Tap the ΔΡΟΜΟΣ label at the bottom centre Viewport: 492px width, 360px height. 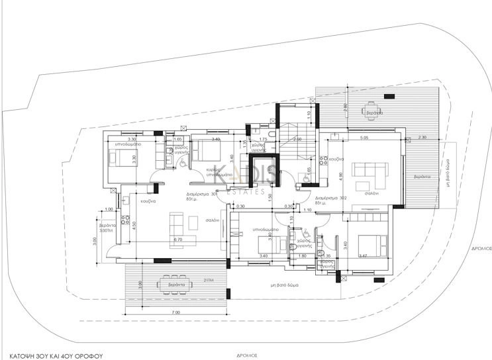tap(246, 354)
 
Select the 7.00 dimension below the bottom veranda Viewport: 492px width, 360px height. tap(175, 311)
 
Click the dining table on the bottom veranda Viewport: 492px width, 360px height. tap(175, 285)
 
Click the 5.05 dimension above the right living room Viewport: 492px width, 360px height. tap(364, 138)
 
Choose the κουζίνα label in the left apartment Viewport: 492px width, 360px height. tap(147, 201)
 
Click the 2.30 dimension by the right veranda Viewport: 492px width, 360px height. tap(422, 137)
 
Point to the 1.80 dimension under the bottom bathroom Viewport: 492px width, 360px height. tap(304, 255)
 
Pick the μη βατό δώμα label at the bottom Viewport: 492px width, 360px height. tap(285, 285)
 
